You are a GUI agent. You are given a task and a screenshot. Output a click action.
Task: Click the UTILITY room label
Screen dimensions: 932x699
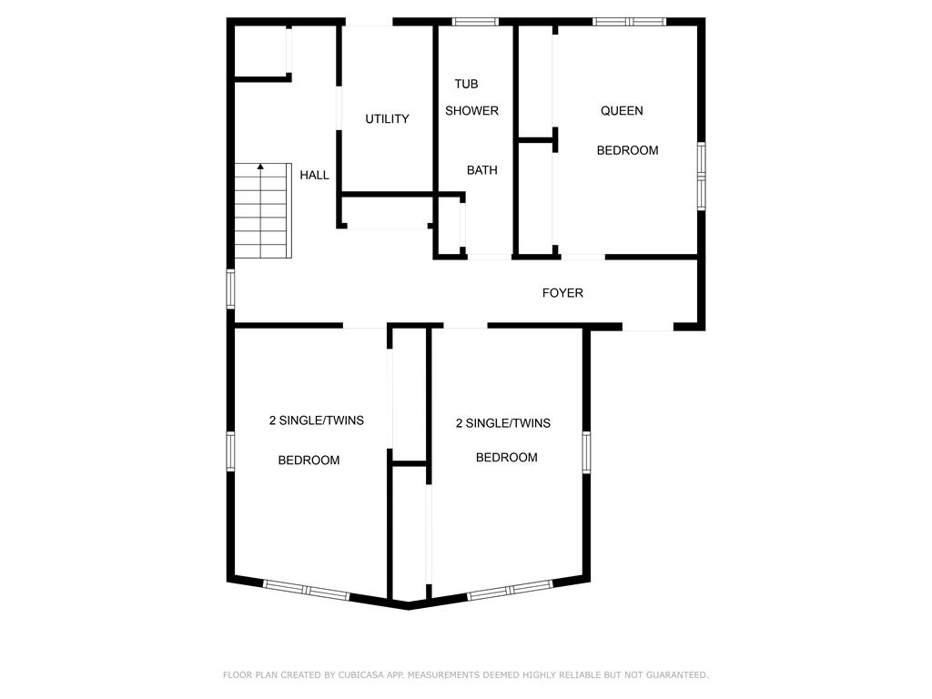pos(387,119)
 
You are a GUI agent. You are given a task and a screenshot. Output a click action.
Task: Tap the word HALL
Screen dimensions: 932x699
pos(314,175)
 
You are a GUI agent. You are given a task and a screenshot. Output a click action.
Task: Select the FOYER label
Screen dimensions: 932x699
pos(562,292)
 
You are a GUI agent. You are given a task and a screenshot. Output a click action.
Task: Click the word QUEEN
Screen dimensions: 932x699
pos(622,110)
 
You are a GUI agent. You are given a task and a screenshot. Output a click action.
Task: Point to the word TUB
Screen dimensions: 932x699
pos(467,84)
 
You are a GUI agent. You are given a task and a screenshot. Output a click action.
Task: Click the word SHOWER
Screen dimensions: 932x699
pos(472,110)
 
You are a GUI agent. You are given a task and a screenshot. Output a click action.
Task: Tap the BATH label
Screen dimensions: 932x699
pos(482,170)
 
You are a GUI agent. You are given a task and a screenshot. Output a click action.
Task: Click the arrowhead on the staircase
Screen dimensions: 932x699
pos(260,167)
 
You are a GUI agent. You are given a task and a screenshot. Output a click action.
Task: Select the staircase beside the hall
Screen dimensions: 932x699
pos(263,210)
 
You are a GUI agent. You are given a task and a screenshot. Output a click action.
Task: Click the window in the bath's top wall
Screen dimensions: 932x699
pos(475,22)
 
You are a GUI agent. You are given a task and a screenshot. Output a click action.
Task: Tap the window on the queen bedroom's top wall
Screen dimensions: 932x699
pos(630,22)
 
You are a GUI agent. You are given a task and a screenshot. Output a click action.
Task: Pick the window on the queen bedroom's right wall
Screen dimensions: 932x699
pos(702,176)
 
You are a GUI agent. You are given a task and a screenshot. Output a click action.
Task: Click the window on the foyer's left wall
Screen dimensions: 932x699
pos(230,289)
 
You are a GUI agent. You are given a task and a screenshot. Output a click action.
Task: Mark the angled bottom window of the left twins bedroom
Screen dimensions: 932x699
pos(306,590)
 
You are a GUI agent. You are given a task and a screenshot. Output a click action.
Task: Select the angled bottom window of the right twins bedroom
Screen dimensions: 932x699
pos(510,590)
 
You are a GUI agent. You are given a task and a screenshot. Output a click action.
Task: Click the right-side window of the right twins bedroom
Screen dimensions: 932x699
pos(587,452)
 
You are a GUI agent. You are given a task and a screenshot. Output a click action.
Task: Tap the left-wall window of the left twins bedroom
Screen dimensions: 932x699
pos(230,451)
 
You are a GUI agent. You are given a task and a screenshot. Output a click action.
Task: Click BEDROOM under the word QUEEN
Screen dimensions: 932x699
pos(628,150)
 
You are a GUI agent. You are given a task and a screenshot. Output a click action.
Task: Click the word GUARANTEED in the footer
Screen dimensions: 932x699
pos(677,674)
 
